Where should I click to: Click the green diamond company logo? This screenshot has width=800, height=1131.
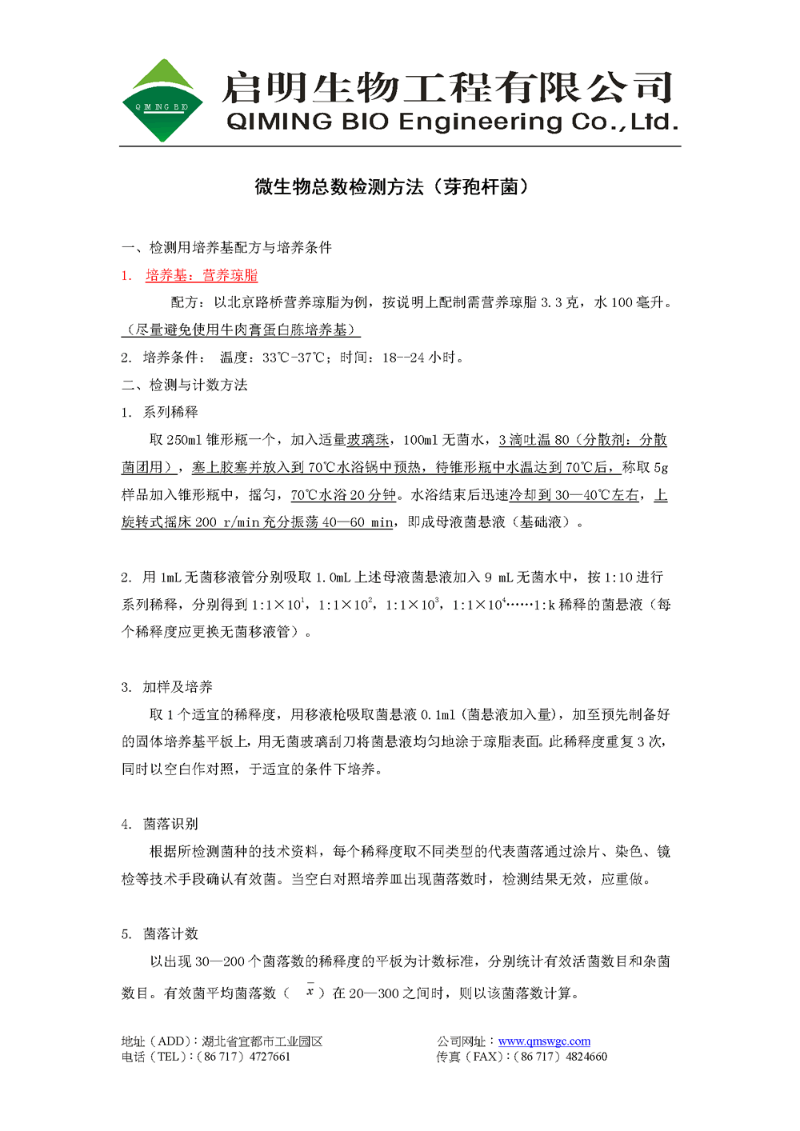tap(162, 101)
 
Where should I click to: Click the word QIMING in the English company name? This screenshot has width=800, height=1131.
tap(278, 122)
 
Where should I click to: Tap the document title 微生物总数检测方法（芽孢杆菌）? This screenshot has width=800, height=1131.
tap(392, 187)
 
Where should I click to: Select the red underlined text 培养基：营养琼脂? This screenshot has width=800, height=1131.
tap(202, 276)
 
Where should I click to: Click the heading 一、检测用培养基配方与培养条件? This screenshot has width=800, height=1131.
tap(226, 248)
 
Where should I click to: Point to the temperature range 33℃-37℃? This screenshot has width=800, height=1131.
tap(294, 358)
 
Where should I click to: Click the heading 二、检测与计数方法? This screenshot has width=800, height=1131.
tap(185, 386)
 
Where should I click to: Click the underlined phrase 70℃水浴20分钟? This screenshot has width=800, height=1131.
tap(343, 495)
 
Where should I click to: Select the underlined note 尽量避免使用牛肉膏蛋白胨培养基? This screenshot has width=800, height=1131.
tap(241, 330)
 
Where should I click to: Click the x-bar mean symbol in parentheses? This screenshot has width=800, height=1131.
tap(310, 992)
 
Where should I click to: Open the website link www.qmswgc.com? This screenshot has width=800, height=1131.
tap(544, 1041)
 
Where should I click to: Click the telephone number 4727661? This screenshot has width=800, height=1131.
tap(270, 1057)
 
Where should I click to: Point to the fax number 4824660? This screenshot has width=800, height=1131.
tap(586, 1057)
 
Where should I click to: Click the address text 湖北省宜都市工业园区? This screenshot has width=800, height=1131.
tap(262, 1041)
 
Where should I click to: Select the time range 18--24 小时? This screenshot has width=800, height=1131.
tap(422, 358)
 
